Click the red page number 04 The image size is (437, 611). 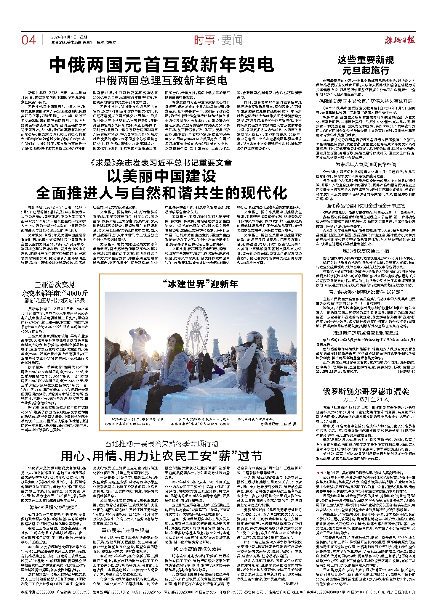28,40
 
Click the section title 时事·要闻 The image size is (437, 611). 218,40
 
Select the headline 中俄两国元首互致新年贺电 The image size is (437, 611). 162,65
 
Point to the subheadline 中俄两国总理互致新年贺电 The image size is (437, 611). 162,81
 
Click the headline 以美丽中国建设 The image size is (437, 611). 162,176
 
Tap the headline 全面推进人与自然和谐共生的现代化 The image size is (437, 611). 162,193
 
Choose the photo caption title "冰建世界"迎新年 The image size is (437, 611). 201,284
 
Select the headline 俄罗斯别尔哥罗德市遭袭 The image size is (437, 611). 366,391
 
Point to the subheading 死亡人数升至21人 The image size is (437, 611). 366,399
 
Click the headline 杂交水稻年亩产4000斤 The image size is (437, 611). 55,293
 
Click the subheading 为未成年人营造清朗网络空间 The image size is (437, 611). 366,165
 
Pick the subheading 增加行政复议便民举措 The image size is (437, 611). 366,251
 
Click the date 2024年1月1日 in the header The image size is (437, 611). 64,37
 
